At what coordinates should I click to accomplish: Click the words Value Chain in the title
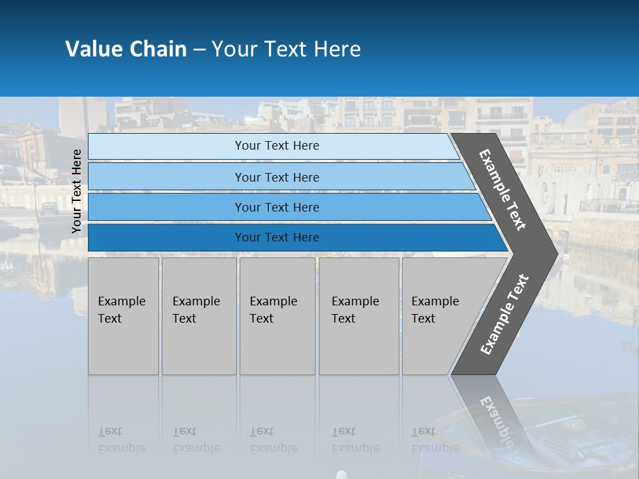pos(126,49)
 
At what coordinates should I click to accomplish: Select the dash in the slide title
pos(199,49)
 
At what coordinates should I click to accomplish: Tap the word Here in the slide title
pos(337,49)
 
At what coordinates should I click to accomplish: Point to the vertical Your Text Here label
pos(77,191)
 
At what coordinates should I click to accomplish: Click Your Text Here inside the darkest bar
pos(277,238)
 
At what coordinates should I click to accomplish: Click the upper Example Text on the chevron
pos(503,189)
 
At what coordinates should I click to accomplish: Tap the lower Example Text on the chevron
pos(504,315)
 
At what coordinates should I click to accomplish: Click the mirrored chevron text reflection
pos(496,419)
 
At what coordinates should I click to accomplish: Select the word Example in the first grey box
pos(121,301)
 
